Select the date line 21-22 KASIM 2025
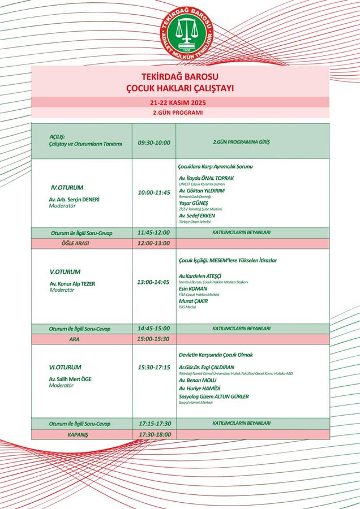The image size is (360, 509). [x=180, y=102]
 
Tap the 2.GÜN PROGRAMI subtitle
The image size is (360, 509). [x=180, y=113]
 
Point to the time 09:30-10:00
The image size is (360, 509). [x=154, y=143]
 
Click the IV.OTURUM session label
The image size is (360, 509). [x=67, y=187]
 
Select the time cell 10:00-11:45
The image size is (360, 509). [x=154, y=192]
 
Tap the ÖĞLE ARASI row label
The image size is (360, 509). [x=75, y=243]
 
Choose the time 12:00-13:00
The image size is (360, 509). [x=154, y=243]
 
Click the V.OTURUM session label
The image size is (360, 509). [x=65, y=271]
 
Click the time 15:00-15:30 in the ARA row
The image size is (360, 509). [x=154, y=339]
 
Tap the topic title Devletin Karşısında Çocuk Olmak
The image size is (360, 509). [x=216, y=355]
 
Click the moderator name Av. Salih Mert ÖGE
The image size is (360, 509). [x=70, y=379]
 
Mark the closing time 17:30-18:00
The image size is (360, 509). [x=154, y=434]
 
